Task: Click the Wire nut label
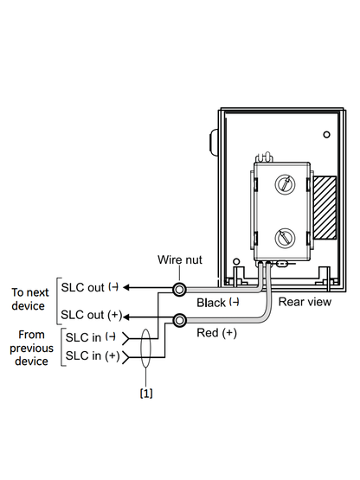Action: (180, 260)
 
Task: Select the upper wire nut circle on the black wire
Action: (179, 289)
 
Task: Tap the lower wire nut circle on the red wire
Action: (179, 321)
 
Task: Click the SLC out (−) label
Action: (89, 287)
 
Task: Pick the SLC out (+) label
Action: (92, 315)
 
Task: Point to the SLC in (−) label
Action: (91, 337)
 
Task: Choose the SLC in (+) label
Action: (93, 355)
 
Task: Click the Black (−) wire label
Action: (218, 303)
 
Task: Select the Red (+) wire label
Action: (216, 333)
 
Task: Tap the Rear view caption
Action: (305, 302)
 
